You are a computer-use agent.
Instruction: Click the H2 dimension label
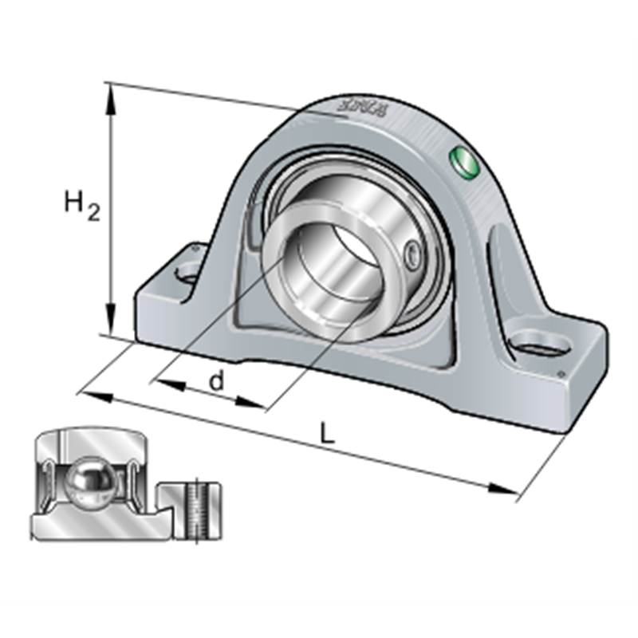click(x=82, y=206)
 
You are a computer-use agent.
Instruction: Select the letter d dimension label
click(x=216, y=381)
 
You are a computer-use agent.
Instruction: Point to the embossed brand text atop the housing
click(x=363, y=105)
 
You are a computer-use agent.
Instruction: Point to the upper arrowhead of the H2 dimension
click(x=112, y=93)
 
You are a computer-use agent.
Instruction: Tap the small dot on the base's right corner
click(x=561, y=373)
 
